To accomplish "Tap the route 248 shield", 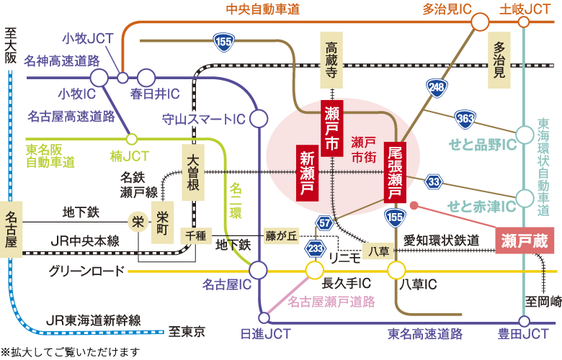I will click(436, 88).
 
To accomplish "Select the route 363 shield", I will click(465, 119).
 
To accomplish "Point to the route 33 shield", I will click(434, 181).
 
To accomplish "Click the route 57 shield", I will click(325, 222).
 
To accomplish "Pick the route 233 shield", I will click(314, 248).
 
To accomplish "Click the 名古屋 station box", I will click(11, 229).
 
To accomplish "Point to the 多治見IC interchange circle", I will click(480, 22).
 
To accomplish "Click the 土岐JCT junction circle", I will click(524, 22).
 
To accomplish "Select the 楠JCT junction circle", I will click(132, 139).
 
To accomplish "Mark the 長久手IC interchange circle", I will click(314, 271).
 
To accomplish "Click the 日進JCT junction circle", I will click(263, 318).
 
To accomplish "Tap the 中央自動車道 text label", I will click(262, 9).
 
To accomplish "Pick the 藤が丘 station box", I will click(282, 235).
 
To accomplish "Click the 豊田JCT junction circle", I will click(524, 321).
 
